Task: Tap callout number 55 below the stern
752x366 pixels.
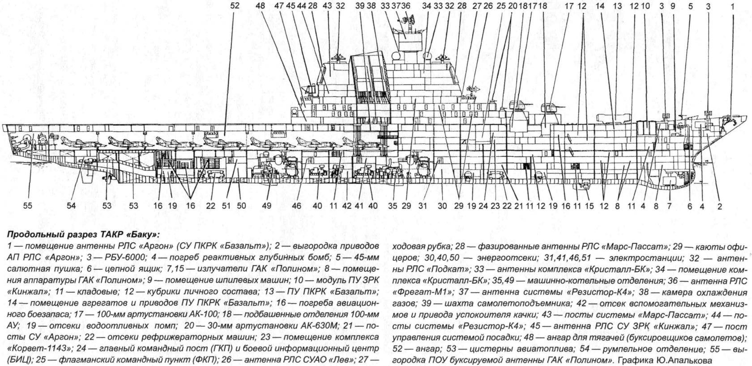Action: pyautogui.click(x=28, y=206)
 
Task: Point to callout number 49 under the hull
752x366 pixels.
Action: pyautogui.click(x=267, y=206)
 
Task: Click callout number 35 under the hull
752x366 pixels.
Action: pyautogui.click(x=393, y=206)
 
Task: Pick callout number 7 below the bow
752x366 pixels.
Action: pyautogui.click(x=669, y=206)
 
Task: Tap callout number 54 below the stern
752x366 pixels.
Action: pyautogui.click(x=71, y=206)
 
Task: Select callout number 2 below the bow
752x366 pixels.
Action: pyautogui.click(x=719, y=206)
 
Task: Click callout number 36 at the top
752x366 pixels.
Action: pyautogui.click(x=406, y=6)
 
